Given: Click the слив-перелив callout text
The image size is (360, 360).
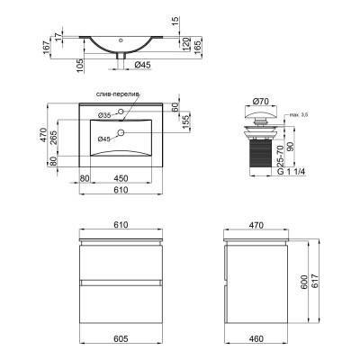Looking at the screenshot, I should [x=118, y=94].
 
